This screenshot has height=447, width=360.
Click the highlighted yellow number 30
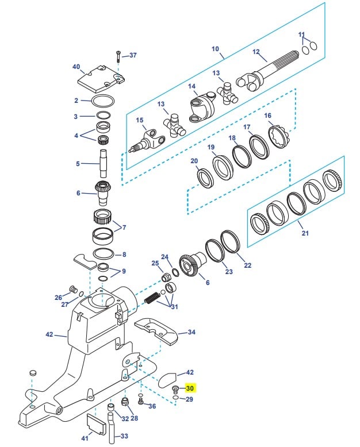[x=190, y=388]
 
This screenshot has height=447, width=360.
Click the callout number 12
[x=256, y=52]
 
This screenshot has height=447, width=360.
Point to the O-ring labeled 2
[x=102, y=102]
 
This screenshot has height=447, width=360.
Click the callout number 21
[x=305, y=233]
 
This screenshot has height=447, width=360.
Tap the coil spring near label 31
[x=151, y=299]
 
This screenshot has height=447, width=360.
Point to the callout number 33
[x=124, y=437]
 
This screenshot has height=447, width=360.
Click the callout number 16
[x=267, y=115]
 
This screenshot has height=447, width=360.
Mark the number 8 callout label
[x=124, y=254]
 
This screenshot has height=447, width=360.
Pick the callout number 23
[x=228, y=272]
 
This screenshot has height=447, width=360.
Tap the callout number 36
[x=152, y=406]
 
